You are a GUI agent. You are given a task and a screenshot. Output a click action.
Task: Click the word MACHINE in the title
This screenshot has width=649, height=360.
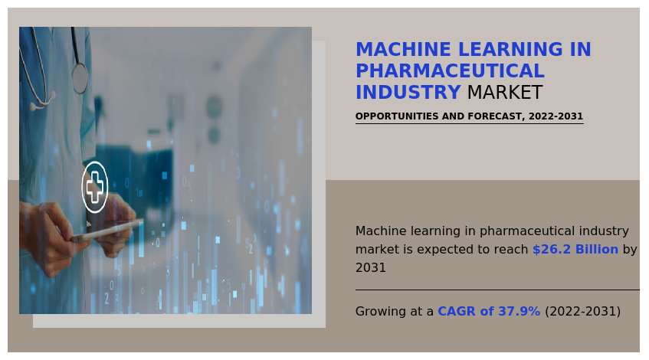click(403, 49)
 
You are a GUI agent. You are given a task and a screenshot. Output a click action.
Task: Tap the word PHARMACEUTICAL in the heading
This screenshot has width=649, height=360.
click(450, 70)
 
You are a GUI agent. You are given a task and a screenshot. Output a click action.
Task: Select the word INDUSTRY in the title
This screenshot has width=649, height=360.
click(408, 92)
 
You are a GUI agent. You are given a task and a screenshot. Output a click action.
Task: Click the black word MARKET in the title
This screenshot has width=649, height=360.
click(504, 92)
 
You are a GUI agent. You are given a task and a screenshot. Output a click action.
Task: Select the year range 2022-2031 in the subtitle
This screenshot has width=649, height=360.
click(556, 116)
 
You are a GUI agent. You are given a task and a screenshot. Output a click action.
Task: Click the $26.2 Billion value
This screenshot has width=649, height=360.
click(575, 249)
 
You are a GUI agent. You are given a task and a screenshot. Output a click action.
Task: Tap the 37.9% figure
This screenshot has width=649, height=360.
click(519, 311)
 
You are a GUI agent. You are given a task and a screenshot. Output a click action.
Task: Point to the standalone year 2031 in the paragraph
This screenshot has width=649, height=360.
click(370, 268)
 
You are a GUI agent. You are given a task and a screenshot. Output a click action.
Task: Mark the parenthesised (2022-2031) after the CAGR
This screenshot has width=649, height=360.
click(583, 311)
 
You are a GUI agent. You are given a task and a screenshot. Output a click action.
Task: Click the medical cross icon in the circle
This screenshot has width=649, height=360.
click(95, 187)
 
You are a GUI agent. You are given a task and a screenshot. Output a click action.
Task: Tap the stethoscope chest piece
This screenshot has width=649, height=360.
click(80, 78)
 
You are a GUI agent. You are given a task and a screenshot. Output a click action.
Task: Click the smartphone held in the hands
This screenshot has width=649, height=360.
click(107, 231)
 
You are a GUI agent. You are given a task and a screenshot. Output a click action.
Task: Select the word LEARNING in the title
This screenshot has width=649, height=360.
click(511, 49)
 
